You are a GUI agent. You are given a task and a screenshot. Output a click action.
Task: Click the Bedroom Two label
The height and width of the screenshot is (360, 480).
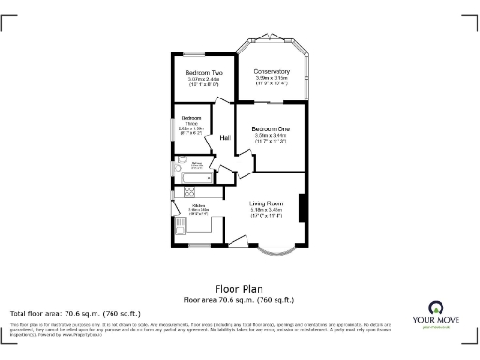(x=202, y=73)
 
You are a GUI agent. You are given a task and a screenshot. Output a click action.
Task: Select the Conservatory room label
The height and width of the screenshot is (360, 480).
(x=273, y=72)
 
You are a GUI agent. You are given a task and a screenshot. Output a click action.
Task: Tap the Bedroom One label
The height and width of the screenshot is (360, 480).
(x=272, y=128)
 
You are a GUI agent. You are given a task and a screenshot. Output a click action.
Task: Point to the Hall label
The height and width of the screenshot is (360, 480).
(x=225, y=139)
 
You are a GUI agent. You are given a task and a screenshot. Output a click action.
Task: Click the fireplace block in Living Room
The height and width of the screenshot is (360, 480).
(x=302, y=207)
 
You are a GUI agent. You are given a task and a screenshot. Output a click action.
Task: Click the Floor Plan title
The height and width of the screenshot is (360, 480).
(x=239, y=289)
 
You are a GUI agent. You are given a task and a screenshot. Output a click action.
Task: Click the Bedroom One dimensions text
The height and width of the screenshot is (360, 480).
(x=272, y=139)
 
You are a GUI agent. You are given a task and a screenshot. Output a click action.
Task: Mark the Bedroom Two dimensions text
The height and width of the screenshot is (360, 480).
(x=202, y=82)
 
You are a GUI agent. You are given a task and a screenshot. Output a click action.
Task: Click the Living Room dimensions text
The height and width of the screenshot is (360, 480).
(x=266, y=212)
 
